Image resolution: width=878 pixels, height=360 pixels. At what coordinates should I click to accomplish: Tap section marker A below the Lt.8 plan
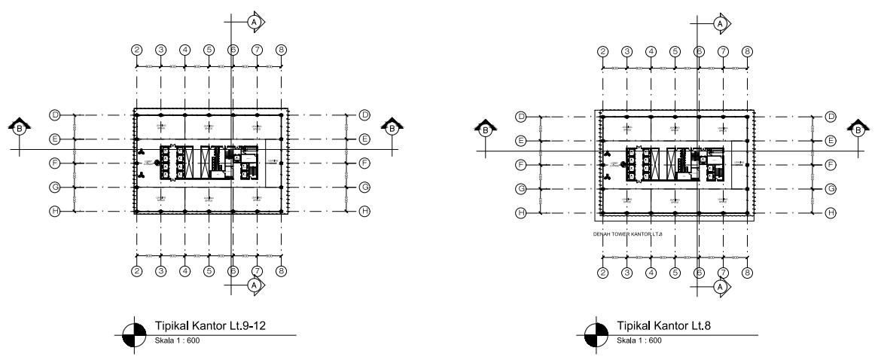click(x=721, y=287)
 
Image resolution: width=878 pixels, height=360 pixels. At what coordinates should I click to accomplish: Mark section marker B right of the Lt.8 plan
click(x=858, y=130)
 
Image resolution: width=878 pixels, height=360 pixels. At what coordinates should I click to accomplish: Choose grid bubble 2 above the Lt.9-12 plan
click(x=137, y=50)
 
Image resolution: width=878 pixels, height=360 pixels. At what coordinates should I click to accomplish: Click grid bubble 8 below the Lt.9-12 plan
click(x=281, y=271)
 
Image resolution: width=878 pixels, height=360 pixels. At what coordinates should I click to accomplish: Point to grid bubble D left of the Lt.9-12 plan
click(x=54, y=115)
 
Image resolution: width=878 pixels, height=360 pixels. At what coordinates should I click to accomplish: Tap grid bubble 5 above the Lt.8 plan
click(x=675, y=51)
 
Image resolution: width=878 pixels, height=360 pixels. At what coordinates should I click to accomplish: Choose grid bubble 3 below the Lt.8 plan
click(x=626, y=273)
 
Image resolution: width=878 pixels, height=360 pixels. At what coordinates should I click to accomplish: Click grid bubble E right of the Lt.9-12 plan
click(x=365, y=139)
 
